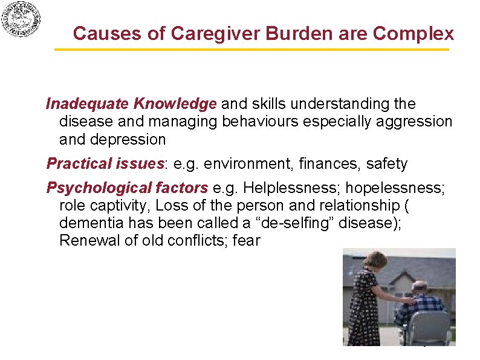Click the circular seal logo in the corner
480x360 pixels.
tap(21, 20)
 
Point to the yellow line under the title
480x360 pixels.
tap(252, 50)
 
